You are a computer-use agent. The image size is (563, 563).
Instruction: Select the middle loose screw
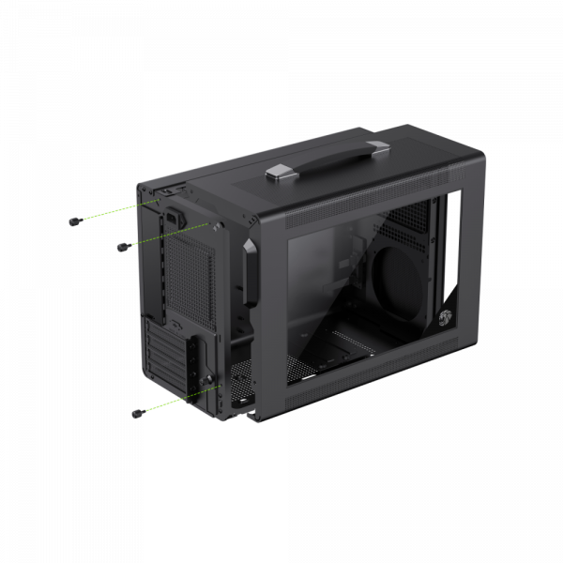point(120,247)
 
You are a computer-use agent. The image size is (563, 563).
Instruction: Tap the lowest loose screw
point(139,413)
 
